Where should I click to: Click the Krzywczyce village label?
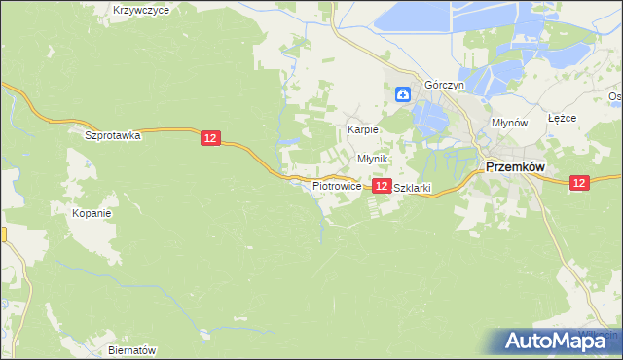(141, 10)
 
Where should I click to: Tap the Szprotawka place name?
(113, 136)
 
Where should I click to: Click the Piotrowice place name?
(337, 185)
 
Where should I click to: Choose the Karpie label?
(363, 129)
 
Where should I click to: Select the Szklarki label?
(411, 188)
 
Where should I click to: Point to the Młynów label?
(509, 124)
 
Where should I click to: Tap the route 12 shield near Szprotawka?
(210, 139)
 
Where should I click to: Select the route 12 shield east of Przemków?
(579, 182)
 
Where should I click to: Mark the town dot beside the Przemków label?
(480, 171)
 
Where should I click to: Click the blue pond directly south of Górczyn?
(429, 120)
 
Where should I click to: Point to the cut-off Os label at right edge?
(615, 96)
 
